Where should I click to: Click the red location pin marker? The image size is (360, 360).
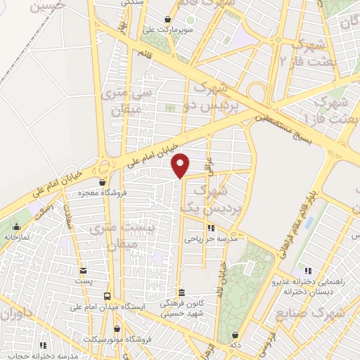(x=181, y=165)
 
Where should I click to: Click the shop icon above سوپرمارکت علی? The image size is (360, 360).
(x=167, y=19)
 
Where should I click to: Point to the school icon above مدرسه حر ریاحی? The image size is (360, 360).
(x=210, y=228)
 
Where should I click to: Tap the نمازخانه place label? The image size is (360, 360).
(x=17, y=238)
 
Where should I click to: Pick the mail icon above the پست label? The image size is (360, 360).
(x=84, y=271)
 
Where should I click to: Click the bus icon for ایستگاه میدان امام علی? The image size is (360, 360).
(x=107, y=296)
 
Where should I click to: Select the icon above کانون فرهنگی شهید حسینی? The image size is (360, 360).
(x=181, y=292)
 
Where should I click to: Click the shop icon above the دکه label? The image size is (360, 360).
(x=234, y=335)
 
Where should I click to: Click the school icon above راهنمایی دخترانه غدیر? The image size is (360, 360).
(x=307, y=271)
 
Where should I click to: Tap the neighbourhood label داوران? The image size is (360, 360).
(x=15, y=315)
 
